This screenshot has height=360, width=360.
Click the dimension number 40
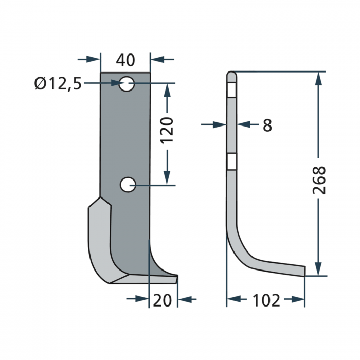(x=125, y=60)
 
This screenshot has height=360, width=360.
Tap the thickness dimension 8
(x=267, y=124)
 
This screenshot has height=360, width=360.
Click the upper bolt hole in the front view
(x=127, y=83)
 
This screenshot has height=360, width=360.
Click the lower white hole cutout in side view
(x=231, y=163)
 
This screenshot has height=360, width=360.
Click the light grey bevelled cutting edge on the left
(x=100, y=242)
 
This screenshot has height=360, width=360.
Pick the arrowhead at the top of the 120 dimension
(x=167, y=91)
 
